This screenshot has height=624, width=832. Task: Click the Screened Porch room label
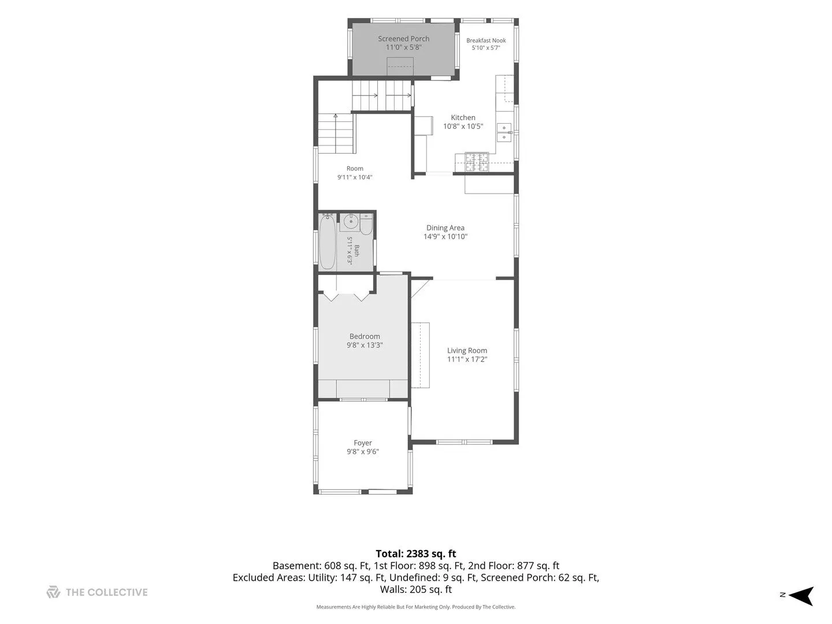(403, 39)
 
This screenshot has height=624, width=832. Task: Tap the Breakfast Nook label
(486, 40)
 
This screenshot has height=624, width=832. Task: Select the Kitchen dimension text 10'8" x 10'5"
(463, 126)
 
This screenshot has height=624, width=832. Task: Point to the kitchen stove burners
(477, 162)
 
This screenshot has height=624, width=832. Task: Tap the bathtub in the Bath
(327, 242)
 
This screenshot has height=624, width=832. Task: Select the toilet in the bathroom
(366, 225)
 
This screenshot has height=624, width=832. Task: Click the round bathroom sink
(351, 221)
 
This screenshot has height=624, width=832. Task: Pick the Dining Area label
(445, 228)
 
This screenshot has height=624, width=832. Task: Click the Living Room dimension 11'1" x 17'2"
(467, 359)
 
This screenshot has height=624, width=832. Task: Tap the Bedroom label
(364, 336)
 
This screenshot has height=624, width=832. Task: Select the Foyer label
(363, 443)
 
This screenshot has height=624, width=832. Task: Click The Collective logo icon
(54, 592)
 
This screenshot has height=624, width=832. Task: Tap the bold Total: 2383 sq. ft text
(416, 554)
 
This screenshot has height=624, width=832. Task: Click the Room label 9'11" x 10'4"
(355, 173)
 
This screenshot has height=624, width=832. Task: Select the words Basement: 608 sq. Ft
(321, 566)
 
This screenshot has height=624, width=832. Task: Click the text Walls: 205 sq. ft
(416, 589)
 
